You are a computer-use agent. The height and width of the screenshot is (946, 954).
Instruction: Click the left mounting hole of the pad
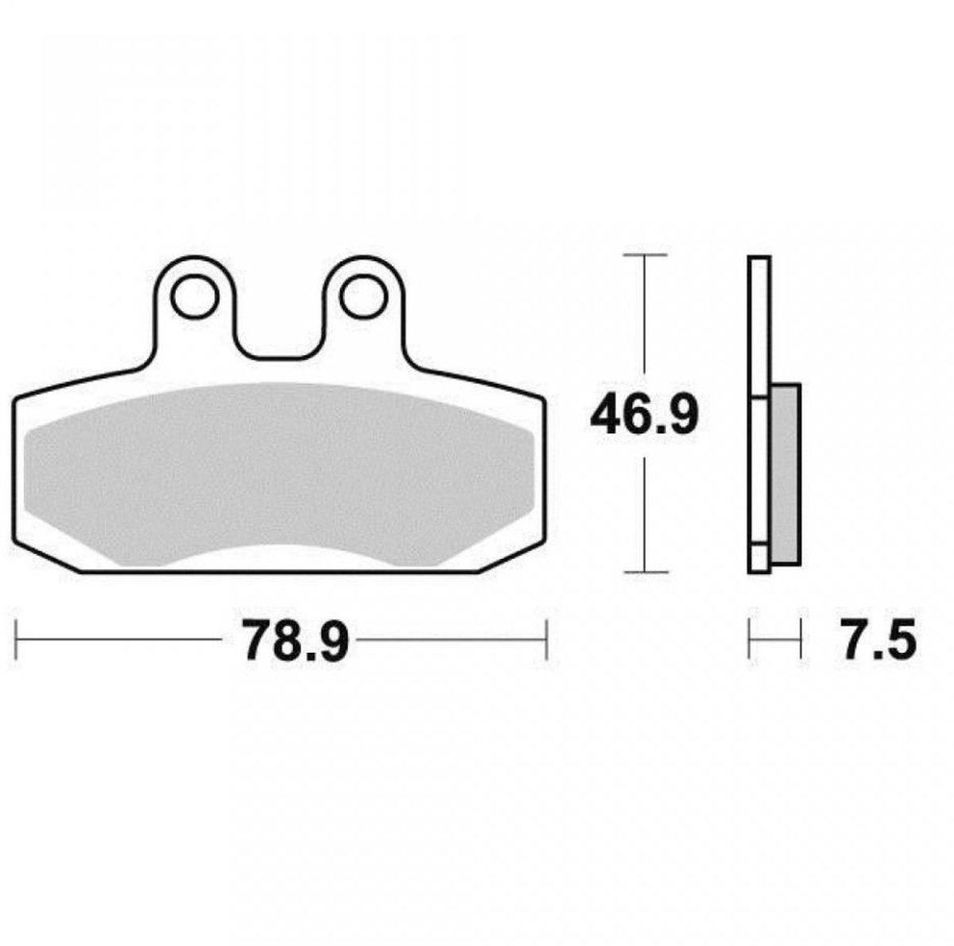coord(195,297)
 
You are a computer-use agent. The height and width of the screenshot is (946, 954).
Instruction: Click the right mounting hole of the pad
coord(364,297)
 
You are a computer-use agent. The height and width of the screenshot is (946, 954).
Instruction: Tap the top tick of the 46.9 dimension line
coord(644,254)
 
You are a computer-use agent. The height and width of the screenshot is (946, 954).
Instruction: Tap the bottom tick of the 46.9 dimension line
coord(644,572)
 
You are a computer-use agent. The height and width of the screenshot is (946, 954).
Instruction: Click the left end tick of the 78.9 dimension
coord(17,639)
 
